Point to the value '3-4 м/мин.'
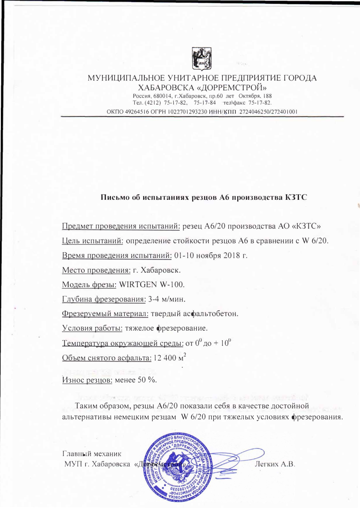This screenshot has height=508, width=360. (166, 299)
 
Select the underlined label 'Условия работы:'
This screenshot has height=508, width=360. (93, 328)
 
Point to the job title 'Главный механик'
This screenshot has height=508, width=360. (92, 453)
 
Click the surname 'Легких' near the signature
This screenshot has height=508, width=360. (268, 464)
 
